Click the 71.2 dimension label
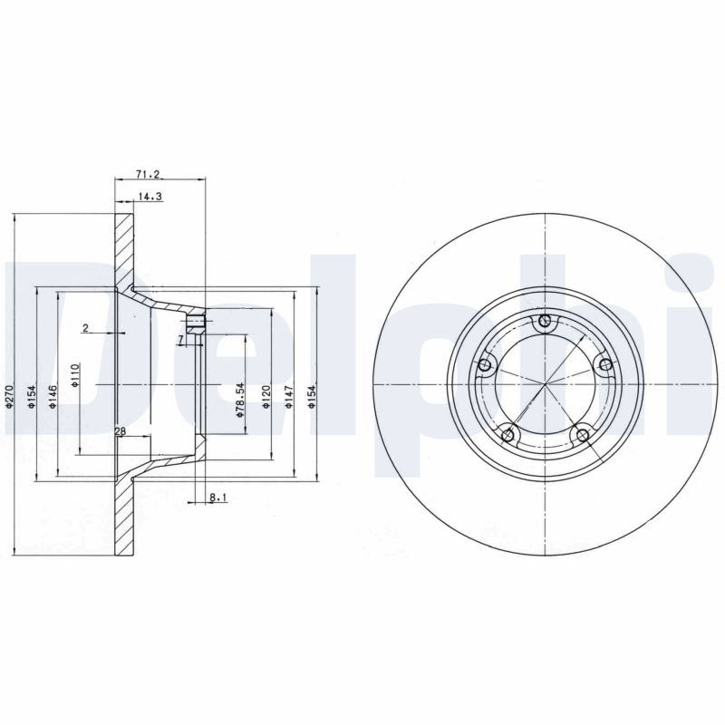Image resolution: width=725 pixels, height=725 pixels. point(148,174)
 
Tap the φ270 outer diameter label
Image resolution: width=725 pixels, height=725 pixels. point(9,396)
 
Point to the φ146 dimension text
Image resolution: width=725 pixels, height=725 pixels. point(53,396)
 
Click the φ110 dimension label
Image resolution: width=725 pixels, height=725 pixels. point(75,375)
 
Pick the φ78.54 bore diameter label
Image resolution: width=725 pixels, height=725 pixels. point(239,400)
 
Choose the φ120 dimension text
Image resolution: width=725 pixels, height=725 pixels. point(266,396)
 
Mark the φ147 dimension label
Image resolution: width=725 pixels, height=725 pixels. point(289,396)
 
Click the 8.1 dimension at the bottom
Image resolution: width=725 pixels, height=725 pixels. point(217,498)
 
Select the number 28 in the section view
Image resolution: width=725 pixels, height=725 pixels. point(121,431)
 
